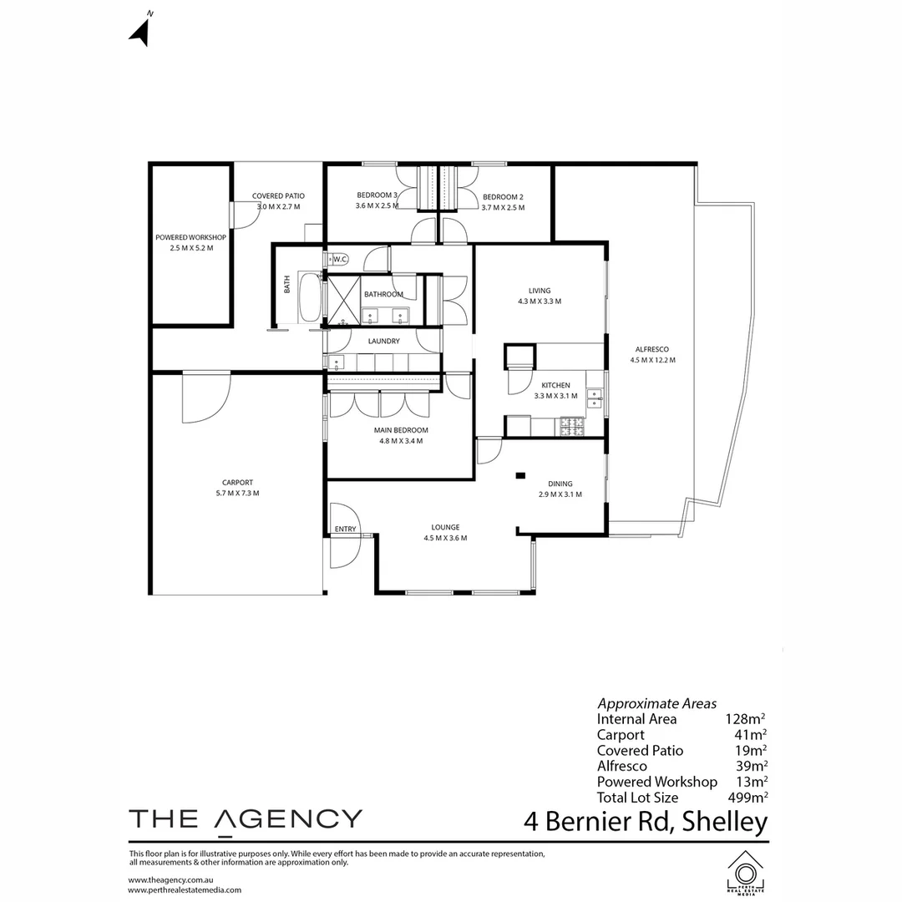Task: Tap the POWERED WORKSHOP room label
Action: click(x=190, y=237)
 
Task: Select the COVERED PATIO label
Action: click(x=278, y=196)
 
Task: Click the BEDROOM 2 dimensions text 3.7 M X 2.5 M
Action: click(x=503, y=207)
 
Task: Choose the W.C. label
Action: click(x=340, y=259)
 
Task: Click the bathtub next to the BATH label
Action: click(x=309, y=297)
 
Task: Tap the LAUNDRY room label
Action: click(x=383, y=341)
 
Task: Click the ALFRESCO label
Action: click(x=652, y=349)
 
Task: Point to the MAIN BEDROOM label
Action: click(x=401, y=430)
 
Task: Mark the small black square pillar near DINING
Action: click(x=520, y=475)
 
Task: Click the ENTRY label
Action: click(x=345, y=529)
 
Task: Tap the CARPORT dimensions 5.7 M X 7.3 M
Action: click(x=237, y=493)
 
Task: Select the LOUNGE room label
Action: click(x=445, y=527)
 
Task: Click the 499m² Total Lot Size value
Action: click(x=747, y=797)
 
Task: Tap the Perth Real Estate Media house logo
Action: click(x=745, y=872)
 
